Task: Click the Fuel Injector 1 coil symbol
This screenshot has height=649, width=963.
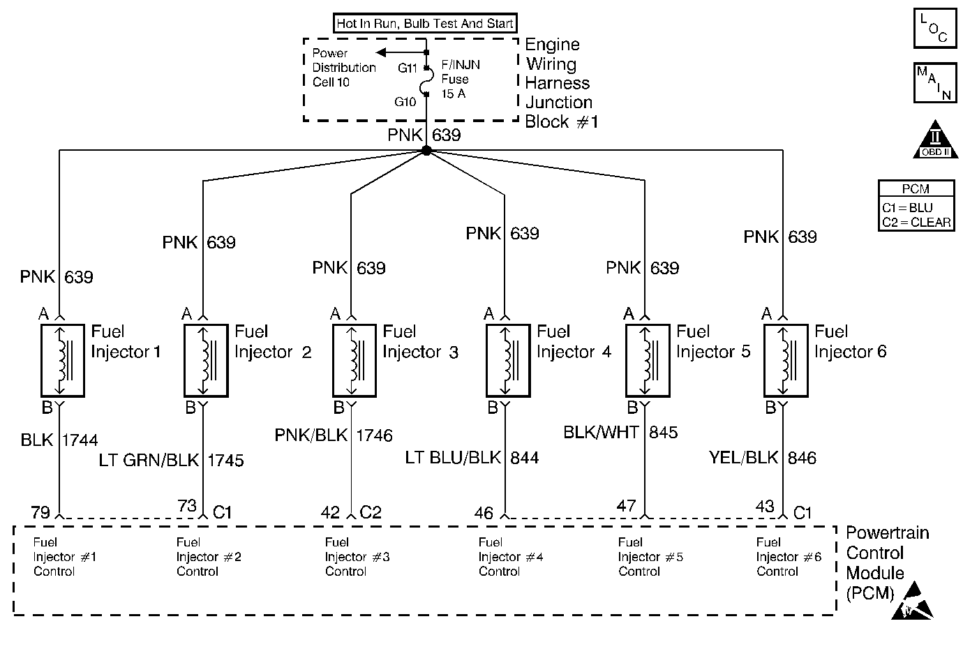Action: pos(62,360)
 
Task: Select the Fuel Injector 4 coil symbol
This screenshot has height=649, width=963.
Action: pos(508,360)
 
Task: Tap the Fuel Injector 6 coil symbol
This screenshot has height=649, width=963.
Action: pos(786,360)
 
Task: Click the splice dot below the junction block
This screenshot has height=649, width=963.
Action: pos(426,151)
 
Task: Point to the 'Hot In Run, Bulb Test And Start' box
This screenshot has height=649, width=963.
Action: pos(425,23)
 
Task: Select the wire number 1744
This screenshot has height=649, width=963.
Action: pos(80,440)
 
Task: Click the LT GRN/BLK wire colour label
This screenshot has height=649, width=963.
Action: pos(147,461)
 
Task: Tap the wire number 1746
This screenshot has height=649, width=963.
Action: pos(375,435)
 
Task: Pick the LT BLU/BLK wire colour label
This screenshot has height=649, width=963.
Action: pos(454,458)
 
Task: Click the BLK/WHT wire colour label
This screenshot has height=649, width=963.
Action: pos(601,433)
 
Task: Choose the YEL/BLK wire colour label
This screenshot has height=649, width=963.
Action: pos(743,458)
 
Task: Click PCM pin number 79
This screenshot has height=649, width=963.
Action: pos(40,512)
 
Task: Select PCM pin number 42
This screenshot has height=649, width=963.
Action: pos(330,512)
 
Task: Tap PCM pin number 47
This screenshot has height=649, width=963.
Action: pos(627,505)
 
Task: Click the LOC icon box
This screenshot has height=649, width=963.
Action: pos(933,29)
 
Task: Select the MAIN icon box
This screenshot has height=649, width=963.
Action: pos(933,82)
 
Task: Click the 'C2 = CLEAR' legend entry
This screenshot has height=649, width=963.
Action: pos(916,222)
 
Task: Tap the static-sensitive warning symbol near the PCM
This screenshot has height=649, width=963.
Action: pos(913,602)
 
